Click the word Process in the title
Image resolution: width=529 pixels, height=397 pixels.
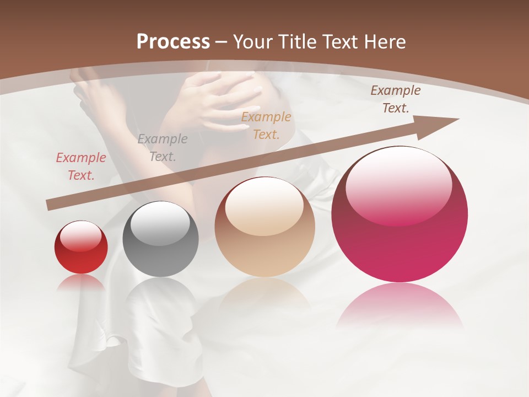(x=173, y=42)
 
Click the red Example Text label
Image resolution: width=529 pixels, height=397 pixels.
(x=81, y=167)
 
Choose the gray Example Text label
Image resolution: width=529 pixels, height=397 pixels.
(x=162, y=148)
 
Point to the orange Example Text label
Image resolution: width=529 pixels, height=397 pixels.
(x=266, y=125)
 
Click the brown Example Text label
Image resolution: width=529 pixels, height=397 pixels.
(x=395, y=99)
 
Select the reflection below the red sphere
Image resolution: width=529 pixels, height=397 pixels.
(x=81, y=283)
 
